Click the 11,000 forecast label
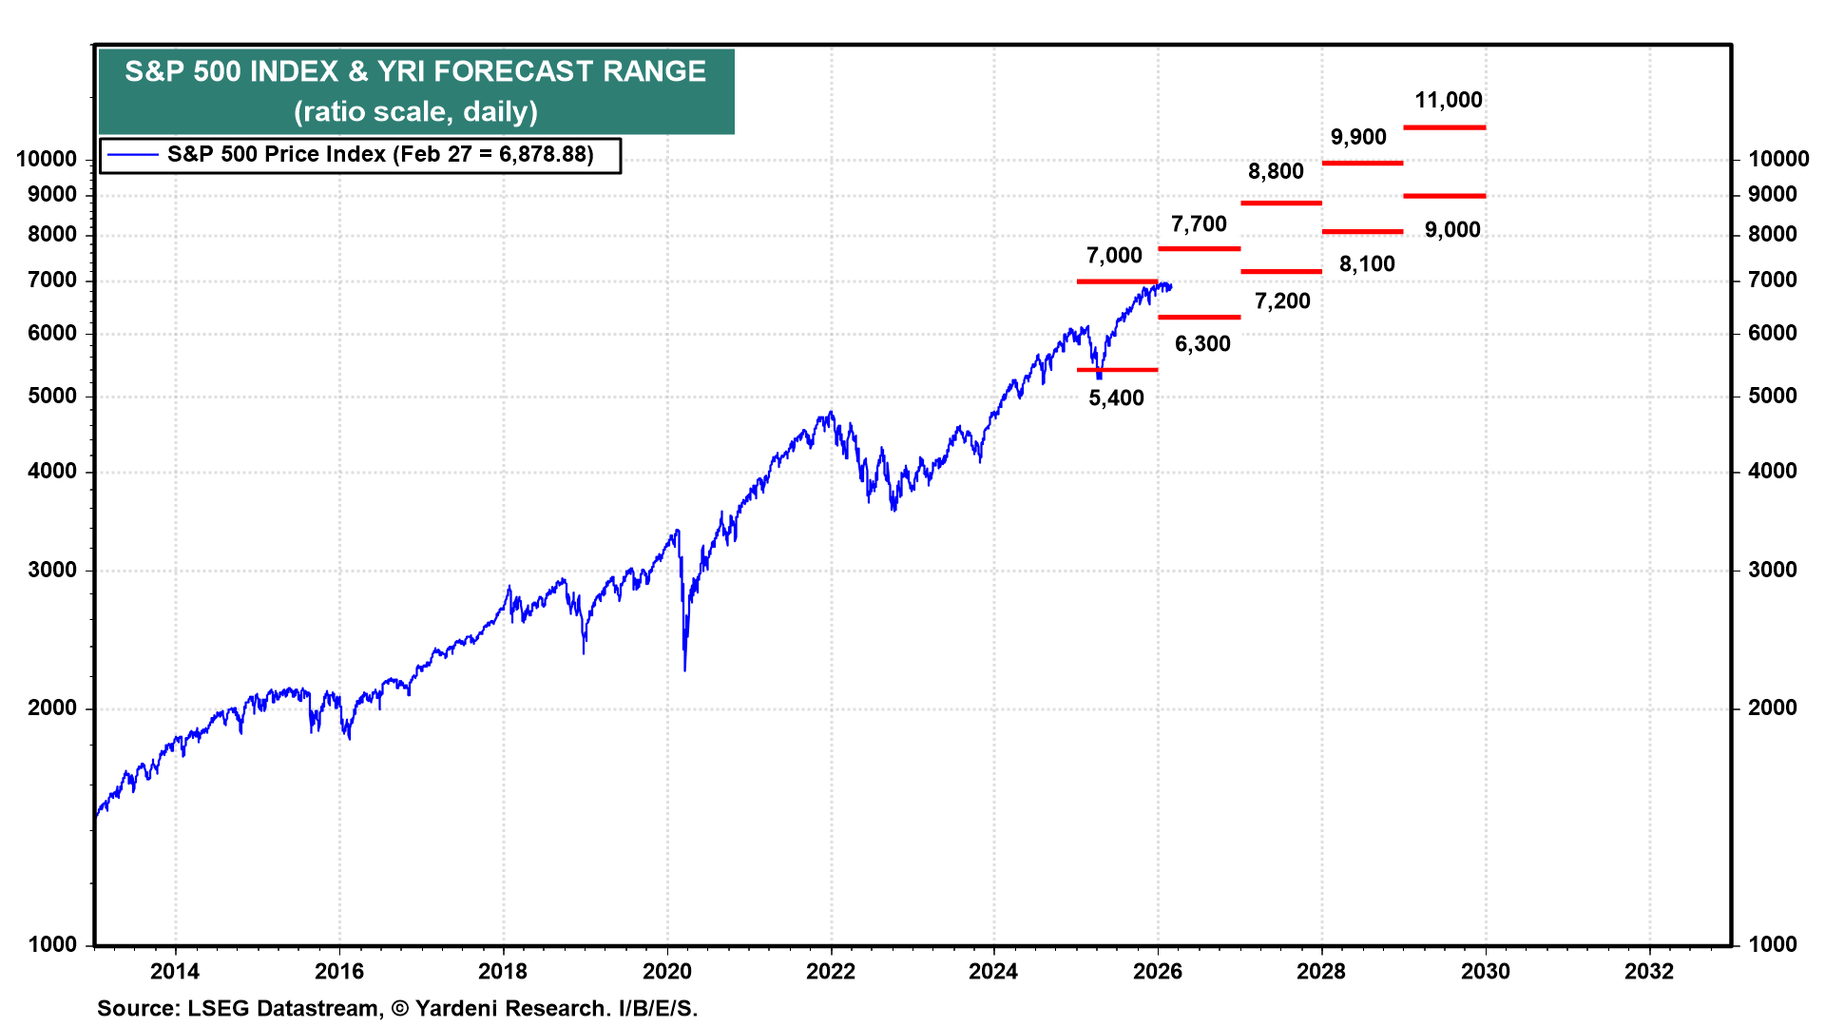click(1448, 100)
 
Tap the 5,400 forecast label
click(1116, 398)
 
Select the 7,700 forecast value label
click(1199, 224)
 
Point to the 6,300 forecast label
click(1202, 344)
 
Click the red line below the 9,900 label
click(1362, 164)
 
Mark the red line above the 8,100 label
click(1362, 231)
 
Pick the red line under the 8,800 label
click(1280, 203)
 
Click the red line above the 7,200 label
click(1280, 272)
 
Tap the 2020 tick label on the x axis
click(667, 971)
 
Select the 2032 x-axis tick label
click(1649, 971)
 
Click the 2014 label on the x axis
click(175, 971)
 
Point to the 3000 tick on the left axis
click(52, 570)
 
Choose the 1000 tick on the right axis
click(1773, 944)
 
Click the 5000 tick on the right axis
click(1773, 396)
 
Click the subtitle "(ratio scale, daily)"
click(415, 112)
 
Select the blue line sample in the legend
click(132, 155)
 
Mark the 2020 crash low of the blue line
click(685, 669)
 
